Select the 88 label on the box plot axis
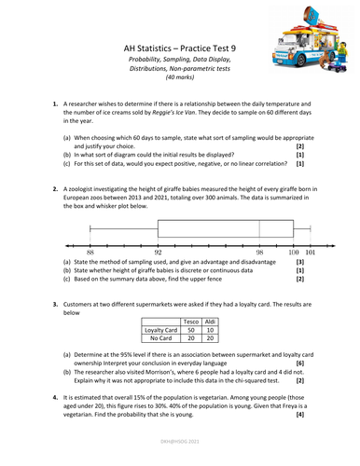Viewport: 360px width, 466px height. tap(90, 252)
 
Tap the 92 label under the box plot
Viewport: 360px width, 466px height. tap(159, 252)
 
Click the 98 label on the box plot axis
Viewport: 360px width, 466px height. tap(259, 252)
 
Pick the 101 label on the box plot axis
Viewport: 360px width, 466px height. tap(311, 252)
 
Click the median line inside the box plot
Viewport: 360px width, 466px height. tap(259, 229)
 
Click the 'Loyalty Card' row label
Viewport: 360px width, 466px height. tap(159, 329)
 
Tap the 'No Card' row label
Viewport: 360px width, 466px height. tap(159, 339)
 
